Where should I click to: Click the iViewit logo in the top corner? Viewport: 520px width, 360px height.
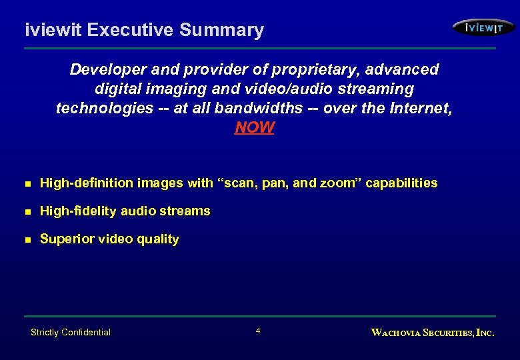click(483, 27)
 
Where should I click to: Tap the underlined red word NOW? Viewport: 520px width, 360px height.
click(254, 127)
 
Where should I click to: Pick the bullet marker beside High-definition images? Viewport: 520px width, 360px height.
click(27, 183)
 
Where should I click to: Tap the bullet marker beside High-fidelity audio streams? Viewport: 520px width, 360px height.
click(27, 211)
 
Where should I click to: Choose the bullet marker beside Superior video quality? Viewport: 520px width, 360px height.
click(27, 239)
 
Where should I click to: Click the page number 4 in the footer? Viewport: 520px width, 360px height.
click(258, 331)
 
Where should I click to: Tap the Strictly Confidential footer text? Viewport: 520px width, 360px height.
click(71, 332)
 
